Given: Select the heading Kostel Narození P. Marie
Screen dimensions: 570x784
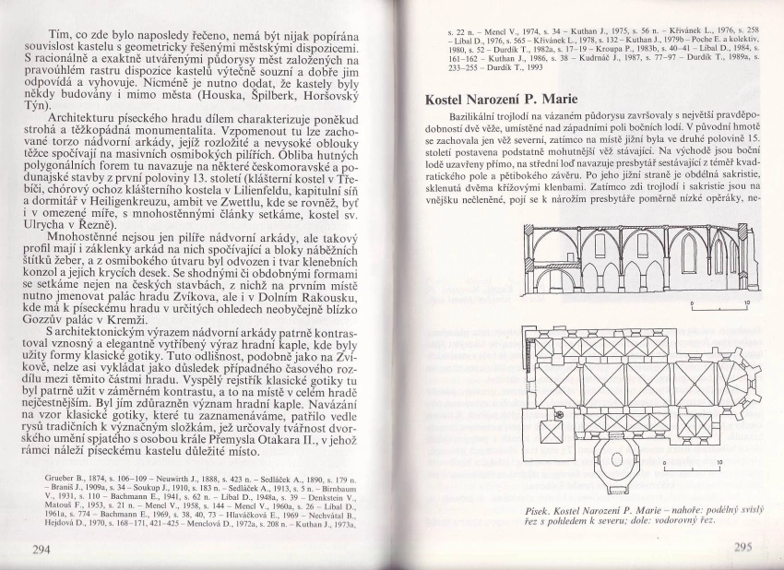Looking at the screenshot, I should coord(515,98).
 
